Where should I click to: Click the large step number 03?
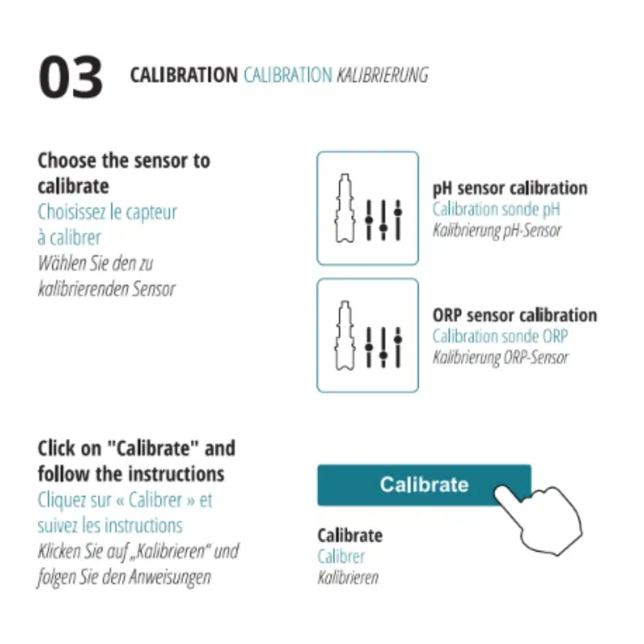click(x=70, y=78)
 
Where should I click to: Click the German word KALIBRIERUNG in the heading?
click(x=382, y=75)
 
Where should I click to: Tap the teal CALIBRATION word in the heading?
click(x=288, y=75)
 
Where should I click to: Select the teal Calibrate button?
click(x=424, y=485)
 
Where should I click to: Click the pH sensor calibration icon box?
click(x=367, y=208)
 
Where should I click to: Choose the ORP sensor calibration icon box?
click(x=367, y=336)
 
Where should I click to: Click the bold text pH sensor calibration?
click(x=510, y=188)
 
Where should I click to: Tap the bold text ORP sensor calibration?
click(x=515, y=315)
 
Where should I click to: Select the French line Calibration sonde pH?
click(x=496, y=209)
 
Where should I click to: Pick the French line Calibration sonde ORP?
click(x=500, y=336)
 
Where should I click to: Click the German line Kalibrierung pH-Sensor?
click(x=497, y=230)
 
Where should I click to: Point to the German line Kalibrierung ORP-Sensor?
click(x=500, y=357)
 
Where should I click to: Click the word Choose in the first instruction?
click(x=67, y=160)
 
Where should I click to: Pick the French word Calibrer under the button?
click(x=341, y=557)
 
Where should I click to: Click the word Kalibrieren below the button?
click(x=348, y=577)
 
